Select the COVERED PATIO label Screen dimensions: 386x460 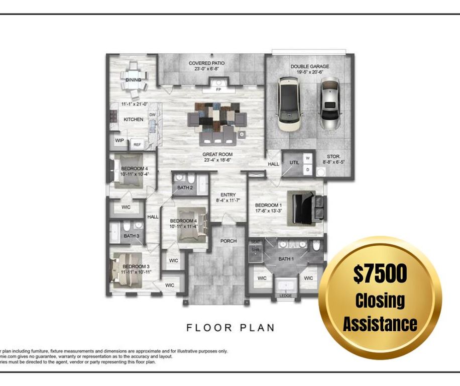click(206, 63)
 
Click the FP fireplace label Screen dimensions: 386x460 click(218, 89)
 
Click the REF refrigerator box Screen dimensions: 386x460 click(137, 145)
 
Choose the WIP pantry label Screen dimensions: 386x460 click(119, 141)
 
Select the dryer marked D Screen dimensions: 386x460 click(308, 170)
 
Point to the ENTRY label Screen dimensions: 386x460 click(228, 195)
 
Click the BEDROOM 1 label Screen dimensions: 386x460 click(268, 206)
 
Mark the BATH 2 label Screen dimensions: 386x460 click(185, 188)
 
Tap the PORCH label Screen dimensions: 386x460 click(228, 241)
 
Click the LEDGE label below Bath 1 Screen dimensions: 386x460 click(285, 296)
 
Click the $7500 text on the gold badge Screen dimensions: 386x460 click(380, 274)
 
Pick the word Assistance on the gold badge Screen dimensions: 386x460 click(380, 323)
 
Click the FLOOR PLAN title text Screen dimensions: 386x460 click(231, 328)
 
